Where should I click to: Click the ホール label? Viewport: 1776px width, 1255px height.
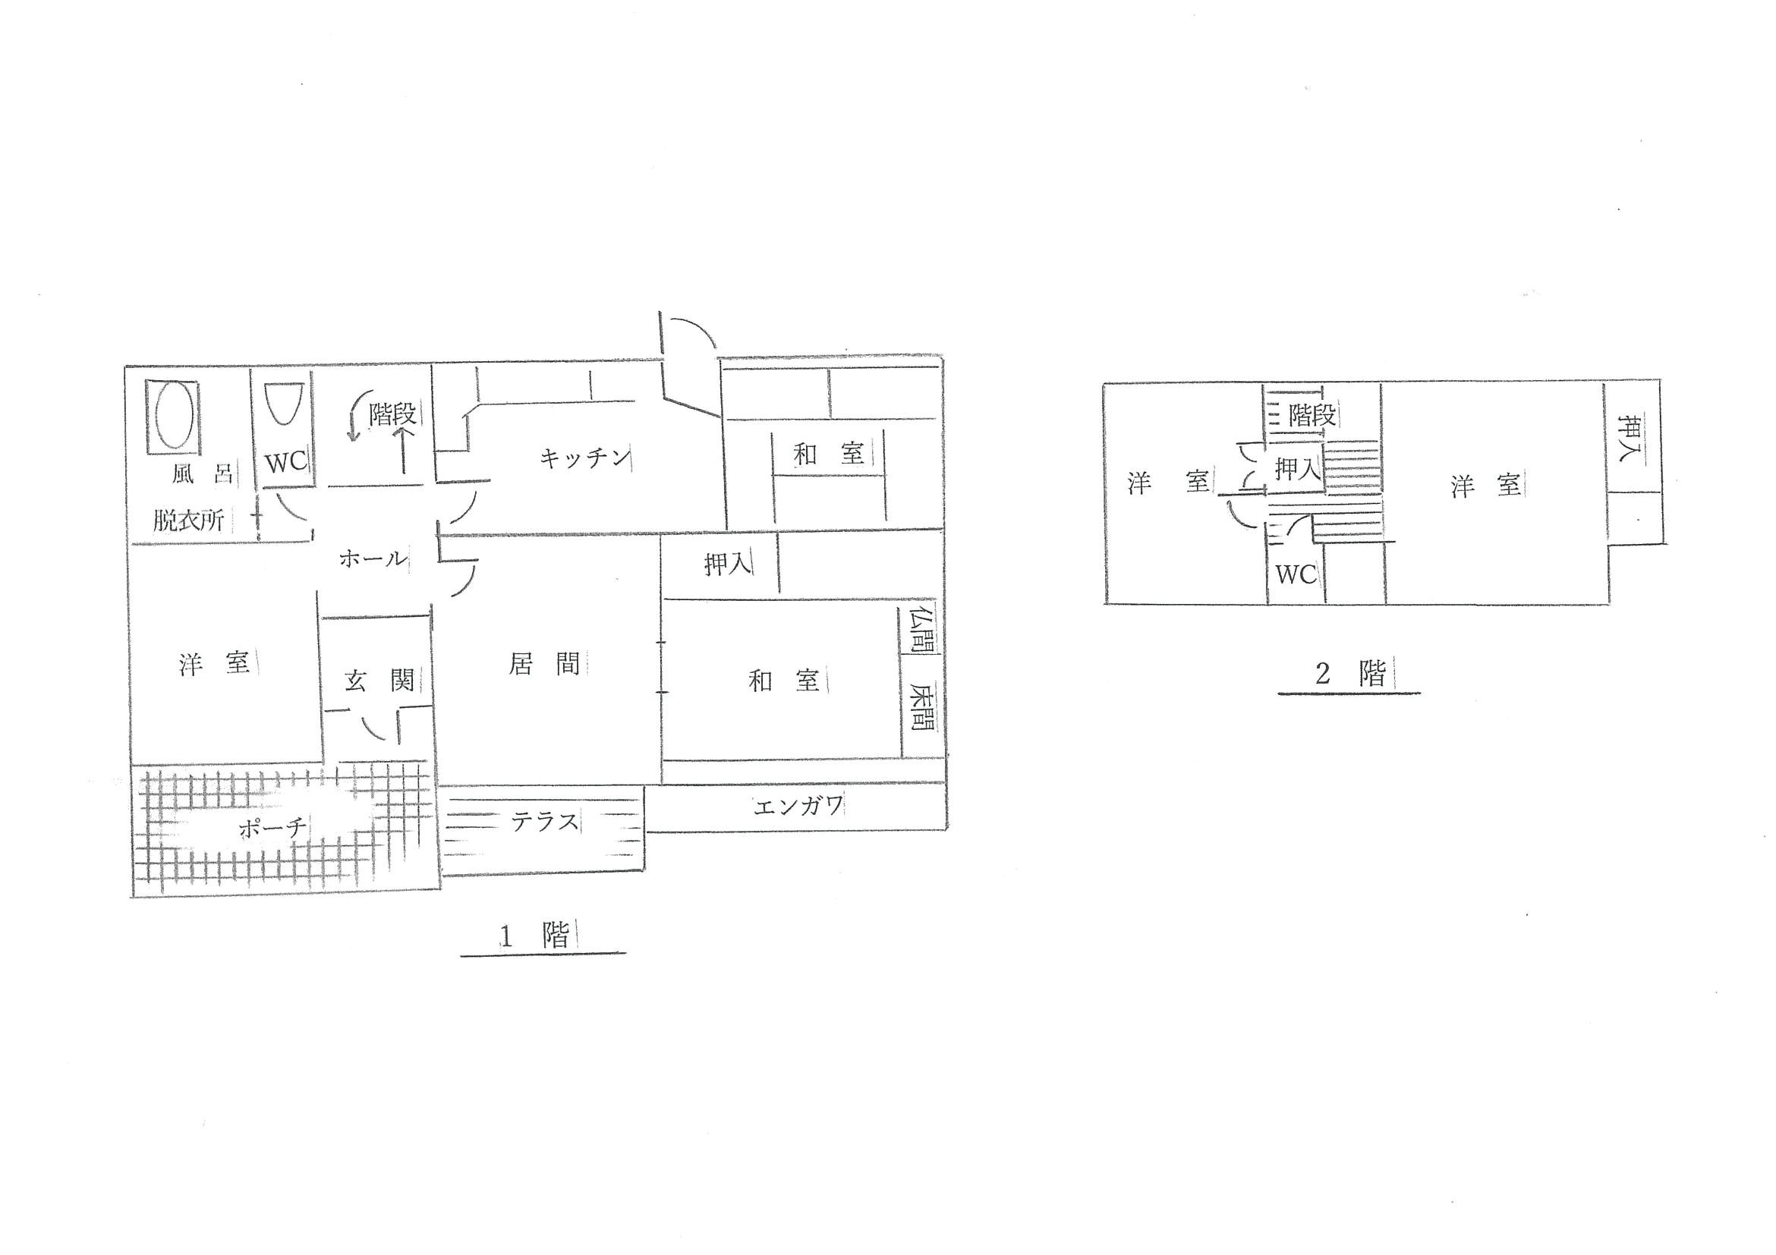point(372,558)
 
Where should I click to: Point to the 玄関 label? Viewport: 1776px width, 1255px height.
point(379,681)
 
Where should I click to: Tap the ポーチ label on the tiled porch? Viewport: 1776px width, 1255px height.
point(272,828)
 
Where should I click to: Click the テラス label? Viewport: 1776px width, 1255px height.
point(544,821)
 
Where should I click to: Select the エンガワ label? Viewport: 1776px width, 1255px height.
point(798,807)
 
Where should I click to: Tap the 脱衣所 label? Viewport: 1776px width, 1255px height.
point(188,521)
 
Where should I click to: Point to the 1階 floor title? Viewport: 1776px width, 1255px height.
point(535,936)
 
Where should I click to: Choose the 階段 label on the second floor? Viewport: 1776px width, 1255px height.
point(1312,415)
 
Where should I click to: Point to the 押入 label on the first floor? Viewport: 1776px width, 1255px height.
point(728,565)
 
